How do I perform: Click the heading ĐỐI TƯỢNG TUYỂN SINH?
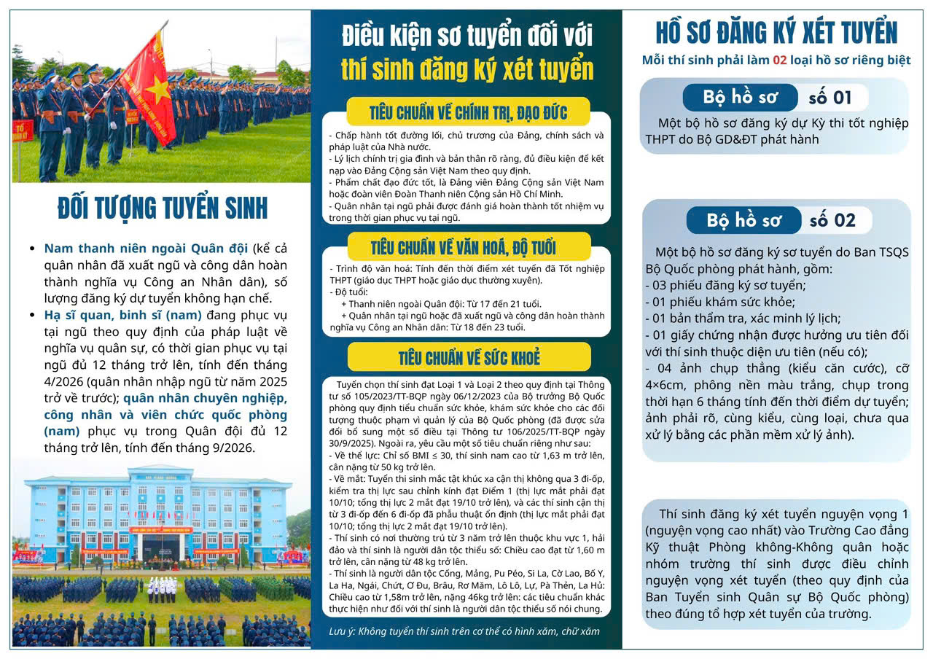163,208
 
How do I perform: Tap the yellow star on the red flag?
157,90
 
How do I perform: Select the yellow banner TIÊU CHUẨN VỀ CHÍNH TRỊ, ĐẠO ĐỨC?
468,112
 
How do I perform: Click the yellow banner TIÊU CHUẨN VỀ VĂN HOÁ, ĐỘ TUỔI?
468,246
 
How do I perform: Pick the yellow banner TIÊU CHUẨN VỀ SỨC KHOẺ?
469,357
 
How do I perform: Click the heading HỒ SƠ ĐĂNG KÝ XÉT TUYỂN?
776,32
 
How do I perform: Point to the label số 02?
832,220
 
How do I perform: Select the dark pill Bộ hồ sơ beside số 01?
740,97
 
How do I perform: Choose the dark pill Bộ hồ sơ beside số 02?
743,220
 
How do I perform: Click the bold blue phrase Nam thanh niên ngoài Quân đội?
146,248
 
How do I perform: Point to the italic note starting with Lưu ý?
464,631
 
